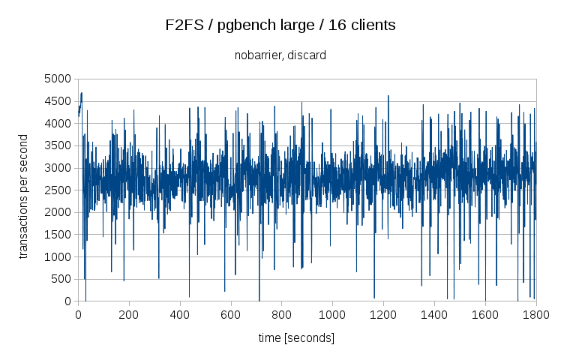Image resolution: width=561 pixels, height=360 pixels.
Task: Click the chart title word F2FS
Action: (182, 25)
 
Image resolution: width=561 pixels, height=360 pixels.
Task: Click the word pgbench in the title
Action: (241, 25)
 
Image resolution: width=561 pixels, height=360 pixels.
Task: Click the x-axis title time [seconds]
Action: (296, 338)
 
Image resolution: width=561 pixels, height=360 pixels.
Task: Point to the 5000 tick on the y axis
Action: (57, 79)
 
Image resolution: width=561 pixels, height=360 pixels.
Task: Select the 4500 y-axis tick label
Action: (57, 101)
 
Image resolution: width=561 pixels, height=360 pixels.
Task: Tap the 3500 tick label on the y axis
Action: (57, 145)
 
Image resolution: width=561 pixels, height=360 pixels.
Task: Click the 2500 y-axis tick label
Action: (57, 190)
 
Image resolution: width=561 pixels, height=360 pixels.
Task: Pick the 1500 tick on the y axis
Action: (57, 235)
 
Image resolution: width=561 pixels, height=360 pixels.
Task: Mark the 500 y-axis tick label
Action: (60, 280)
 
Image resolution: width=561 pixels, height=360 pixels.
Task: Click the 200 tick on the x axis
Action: (129, 316)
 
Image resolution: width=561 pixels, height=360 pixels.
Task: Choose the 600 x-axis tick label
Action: (231, 316)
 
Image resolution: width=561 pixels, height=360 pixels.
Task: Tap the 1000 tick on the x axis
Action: (333, 316)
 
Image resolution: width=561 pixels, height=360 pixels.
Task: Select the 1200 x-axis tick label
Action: (383, 316)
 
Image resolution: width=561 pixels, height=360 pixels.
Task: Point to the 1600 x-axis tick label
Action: (485, 316)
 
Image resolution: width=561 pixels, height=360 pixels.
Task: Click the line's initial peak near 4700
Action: (81, 93)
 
